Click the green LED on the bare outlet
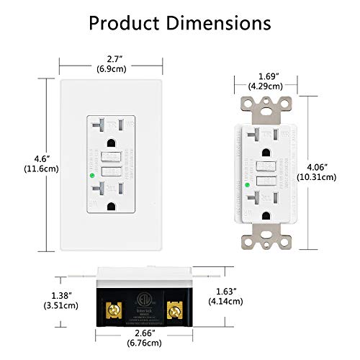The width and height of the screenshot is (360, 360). (247, 184)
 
